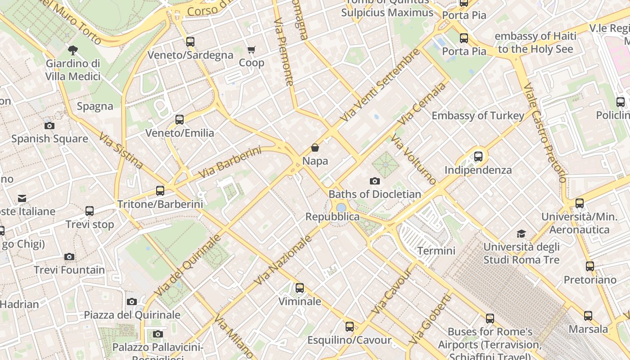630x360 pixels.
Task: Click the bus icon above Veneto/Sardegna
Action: tap(190, 42)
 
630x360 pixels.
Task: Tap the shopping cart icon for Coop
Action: tap(251, 49)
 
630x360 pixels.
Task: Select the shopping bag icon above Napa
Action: tap(315, 148)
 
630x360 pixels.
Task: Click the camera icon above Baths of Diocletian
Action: tap(374, 181)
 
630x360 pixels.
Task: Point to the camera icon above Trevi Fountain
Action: tap(69, 256)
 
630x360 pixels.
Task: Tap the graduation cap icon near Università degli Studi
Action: tap(521, 234)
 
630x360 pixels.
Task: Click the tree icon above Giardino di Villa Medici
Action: tap(72, 50)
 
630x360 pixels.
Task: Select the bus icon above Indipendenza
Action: tap(478, 157)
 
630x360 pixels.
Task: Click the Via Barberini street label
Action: tap(229, 162)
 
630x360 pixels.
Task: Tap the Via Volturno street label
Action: tap(414, 159)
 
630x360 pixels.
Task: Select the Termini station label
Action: tap(436, 251)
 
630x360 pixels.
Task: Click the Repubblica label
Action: tap(333, 217)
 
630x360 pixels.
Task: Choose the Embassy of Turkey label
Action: tap(478, 116)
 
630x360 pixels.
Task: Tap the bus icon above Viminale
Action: tap(300, 288)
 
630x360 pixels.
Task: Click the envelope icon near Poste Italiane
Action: tap(22, 198)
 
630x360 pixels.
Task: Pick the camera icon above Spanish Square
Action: tap(49, 126)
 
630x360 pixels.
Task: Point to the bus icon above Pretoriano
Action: tap(590, 266)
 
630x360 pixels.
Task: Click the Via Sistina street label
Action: tap(121, 150)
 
